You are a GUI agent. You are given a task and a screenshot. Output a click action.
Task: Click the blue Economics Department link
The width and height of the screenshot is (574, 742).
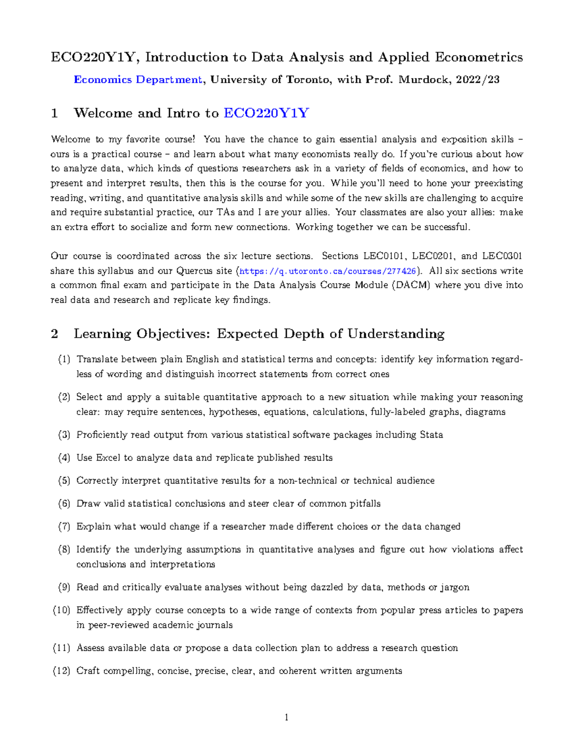tap(138, 80)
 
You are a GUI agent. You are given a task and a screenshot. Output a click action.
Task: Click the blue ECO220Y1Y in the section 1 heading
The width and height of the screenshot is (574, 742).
tap(266, 113)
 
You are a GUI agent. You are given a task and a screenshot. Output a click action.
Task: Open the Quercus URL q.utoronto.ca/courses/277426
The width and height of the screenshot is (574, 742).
tap(328, 271)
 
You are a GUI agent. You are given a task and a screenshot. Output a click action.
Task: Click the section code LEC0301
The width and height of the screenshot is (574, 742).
tap(502, 256)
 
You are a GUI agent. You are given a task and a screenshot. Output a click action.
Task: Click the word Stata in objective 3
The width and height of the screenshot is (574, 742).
tap(431, 435)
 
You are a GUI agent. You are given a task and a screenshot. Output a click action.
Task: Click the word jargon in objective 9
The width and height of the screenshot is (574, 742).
tap(454, 587)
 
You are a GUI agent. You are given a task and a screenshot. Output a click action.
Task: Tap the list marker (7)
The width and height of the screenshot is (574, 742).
tap(64, 527)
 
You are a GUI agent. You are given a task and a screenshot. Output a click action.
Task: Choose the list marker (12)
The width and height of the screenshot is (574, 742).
tap(62, 671)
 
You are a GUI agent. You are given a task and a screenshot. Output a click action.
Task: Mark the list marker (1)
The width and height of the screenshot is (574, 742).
tap(64, 359)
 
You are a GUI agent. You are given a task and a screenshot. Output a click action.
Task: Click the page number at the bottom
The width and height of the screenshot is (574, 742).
tap(286, 717)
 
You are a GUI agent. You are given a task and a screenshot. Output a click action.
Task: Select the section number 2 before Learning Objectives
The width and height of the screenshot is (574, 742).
tap(55, 333)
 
